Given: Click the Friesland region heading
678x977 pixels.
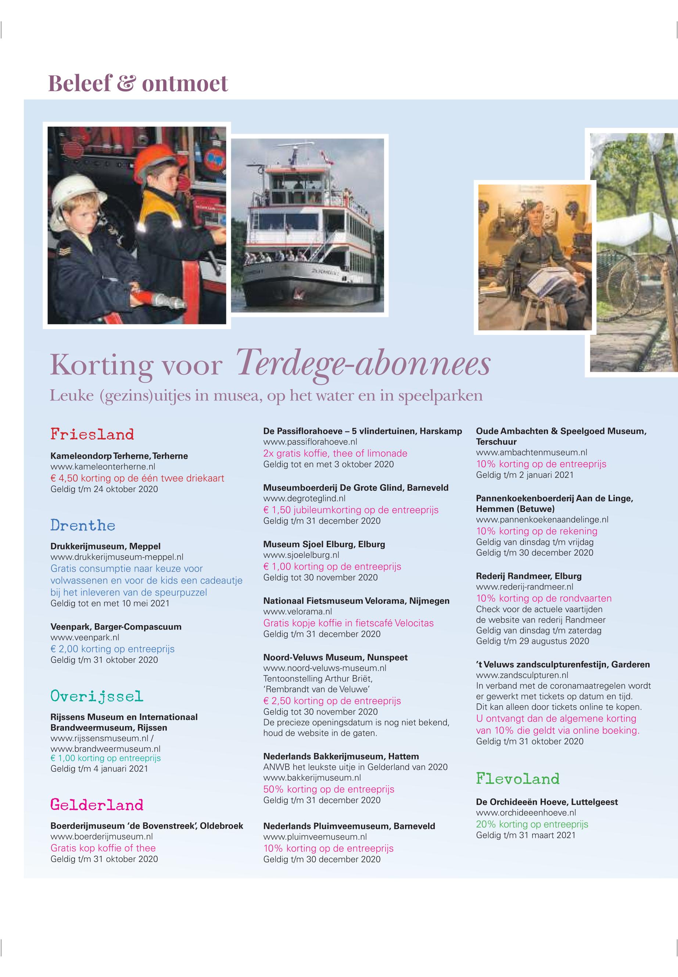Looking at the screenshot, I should pos(92,435).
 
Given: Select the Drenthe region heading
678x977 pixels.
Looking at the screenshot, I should pos(83,525).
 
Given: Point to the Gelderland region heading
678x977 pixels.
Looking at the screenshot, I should pos(97,805).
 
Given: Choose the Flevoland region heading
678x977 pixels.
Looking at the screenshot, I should pos(517,779).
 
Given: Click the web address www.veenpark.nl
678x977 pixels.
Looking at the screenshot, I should pos(85,637).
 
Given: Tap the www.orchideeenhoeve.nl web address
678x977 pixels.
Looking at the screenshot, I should pos(526,813).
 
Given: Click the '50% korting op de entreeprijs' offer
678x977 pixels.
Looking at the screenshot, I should pos(329,789).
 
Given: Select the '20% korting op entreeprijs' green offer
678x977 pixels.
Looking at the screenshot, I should pos(532,824).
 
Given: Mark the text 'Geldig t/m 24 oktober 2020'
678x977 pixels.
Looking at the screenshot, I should pos(104,489).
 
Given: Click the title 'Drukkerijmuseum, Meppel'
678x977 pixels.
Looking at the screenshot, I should pos(105,546).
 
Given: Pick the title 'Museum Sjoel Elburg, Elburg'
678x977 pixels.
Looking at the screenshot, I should pos(324,544).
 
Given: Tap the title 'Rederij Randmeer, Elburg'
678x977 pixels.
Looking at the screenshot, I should pos(528,576).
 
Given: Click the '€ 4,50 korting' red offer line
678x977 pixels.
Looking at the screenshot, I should pos(137,478).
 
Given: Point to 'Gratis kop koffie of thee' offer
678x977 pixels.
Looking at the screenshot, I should pos(103,848).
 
